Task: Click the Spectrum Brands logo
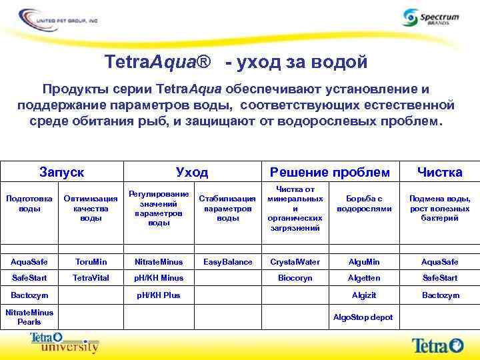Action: [431, 18]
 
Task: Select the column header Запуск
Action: [61, 172]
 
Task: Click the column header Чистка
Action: [439, 172]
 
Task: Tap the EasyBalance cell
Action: [228, 262]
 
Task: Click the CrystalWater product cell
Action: [295, 262]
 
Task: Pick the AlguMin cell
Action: [364, 262]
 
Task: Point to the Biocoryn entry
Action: [295, 278]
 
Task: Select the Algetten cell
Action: [364, 278]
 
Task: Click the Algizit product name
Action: [364, 295]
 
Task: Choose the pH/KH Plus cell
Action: [159, 295]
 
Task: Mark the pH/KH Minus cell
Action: [159, 278]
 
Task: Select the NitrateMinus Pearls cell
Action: [29, 317]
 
